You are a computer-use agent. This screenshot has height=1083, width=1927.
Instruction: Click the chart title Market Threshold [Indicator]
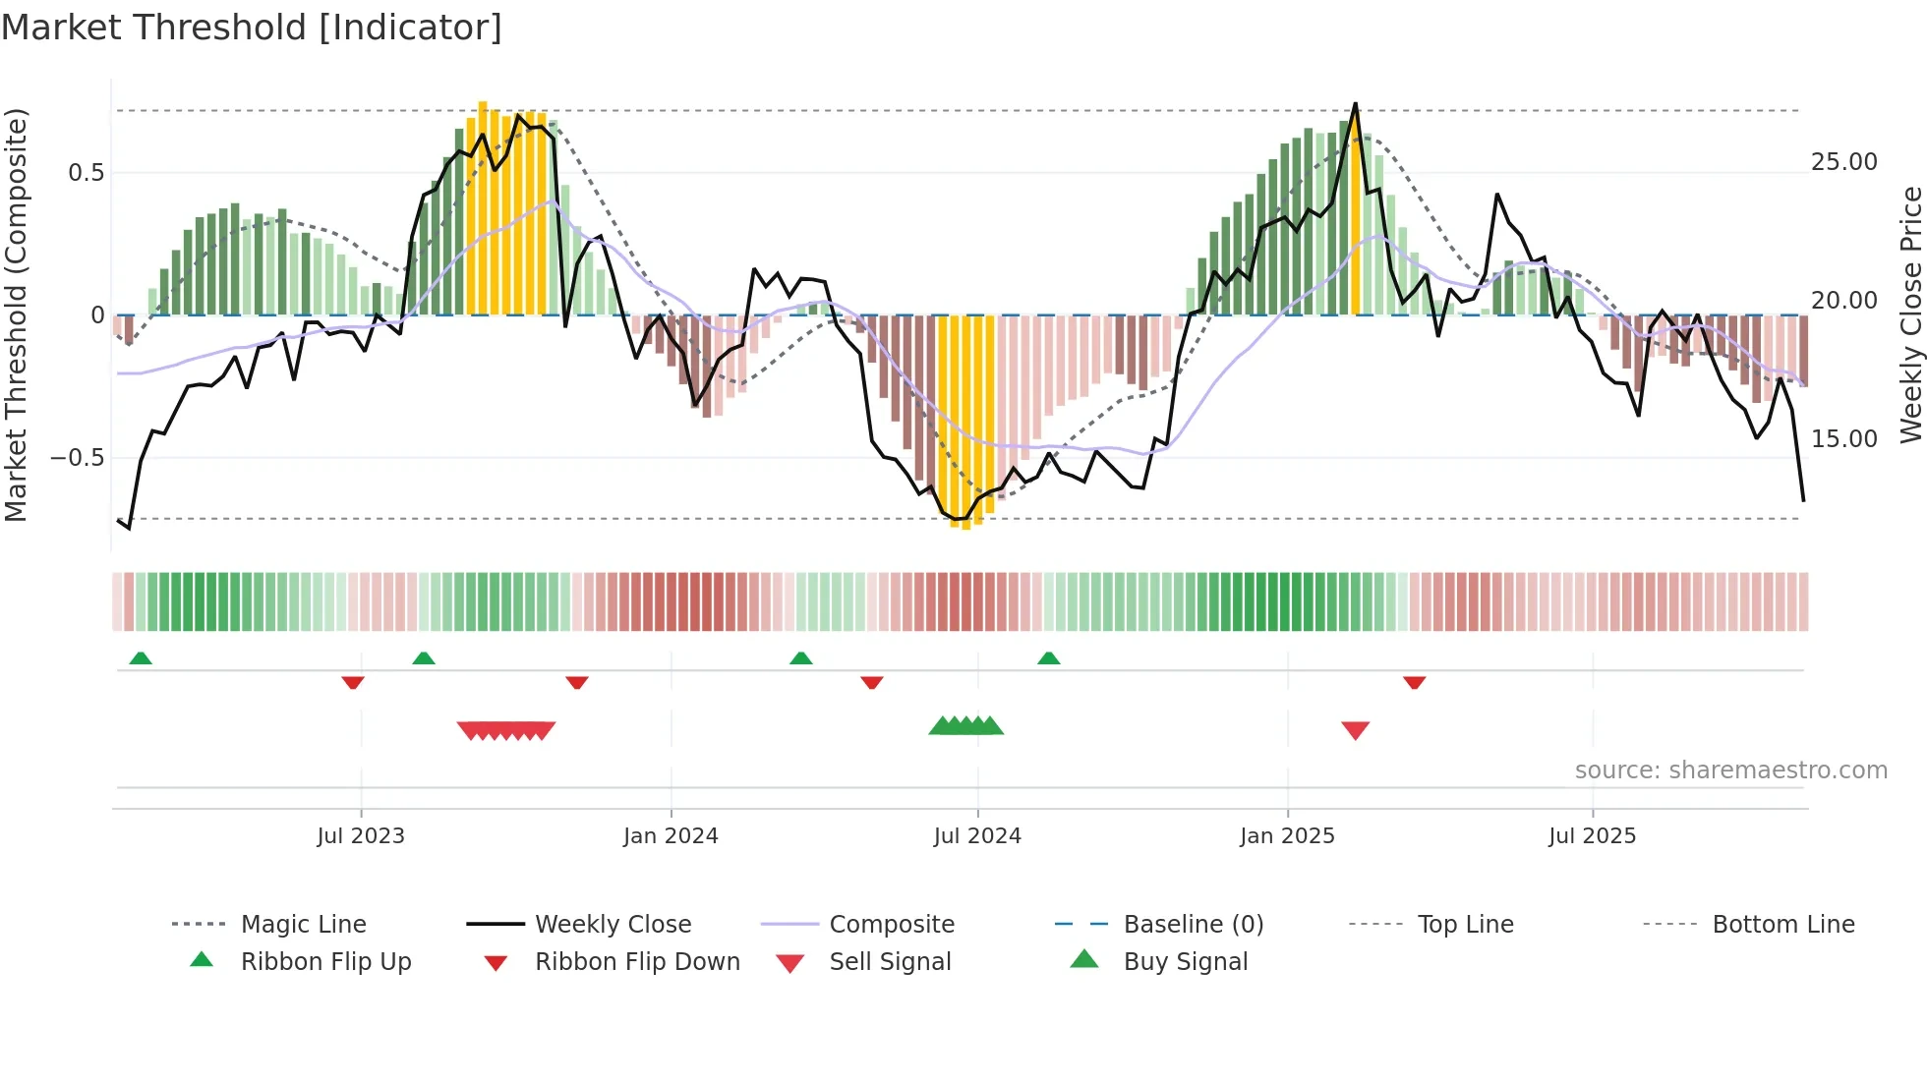coord(252,28)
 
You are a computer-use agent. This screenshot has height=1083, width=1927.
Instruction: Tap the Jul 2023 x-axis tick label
coord(361,835)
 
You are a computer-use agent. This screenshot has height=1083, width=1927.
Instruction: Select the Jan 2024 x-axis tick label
coord(671,835)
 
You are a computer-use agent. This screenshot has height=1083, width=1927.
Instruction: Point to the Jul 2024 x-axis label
coord(977,835)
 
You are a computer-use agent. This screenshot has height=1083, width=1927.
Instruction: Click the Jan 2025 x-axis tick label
coord(1287,835)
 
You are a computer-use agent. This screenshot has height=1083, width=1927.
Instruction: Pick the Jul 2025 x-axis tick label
coord(1592,835)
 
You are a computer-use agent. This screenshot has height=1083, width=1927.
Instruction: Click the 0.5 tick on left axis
coord(87,173)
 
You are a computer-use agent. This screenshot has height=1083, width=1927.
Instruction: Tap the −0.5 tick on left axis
coord(78,458)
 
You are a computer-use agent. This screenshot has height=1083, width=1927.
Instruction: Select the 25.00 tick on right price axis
coord(1844,162)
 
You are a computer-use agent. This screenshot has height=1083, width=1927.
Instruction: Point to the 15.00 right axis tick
coord(1844,439)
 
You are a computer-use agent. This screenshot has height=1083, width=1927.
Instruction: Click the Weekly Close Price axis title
coord(1910,314)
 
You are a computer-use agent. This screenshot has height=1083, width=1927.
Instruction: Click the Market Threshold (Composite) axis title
coord(16,314)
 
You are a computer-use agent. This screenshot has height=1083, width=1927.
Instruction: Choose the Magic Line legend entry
coord(303,925)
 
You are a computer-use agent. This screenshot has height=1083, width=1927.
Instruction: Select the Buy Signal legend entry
coord(1185,962)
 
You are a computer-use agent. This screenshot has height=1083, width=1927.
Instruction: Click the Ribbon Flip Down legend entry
coord(636,962)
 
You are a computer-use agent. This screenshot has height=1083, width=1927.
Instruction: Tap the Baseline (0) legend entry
coord(1193,925)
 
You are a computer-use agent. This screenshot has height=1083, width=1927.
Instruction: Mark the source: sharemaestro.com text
coord(1730,770)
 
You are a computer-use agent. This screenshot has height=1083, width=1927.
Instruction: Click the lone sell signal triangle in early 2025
coord(1355,730)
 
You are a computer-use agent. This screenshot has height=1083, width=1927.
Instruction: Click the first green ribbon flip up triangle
coord(141,658)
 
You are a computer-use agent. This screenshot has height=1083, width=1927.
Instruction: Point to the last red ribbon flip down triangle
coord(1414,682)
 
